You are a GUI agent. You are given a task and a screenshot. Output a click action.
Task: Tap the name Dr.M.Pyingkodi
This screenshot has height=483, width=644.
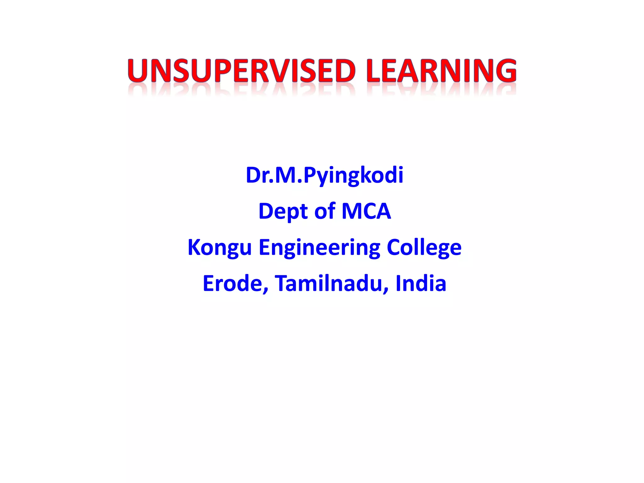click(x=324, y=175)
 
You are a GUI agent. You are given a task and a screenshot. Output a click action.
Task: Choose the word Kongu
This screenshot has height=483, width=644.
click(x=219, y=247)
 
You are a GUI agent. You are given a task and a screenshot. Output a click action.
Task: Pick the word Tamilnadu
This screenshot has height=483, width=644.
click(x=328, y=283)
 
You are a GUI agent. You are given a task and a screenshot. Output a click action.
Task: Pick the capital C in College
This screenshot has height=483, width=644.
click(x=395, y=247)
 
